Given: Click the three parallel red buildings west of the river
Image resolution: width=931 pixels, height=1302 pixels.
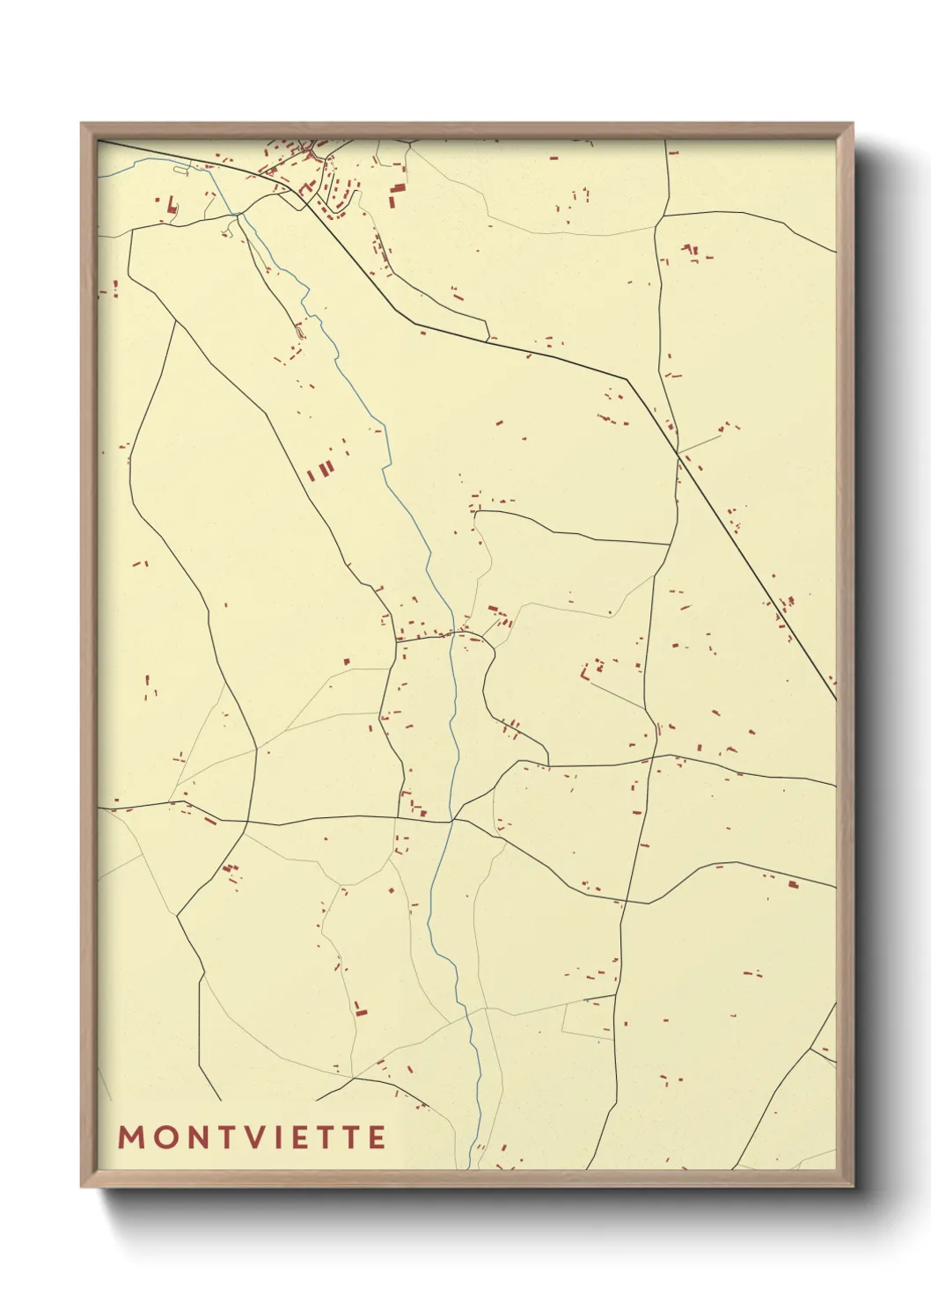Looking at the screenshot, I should pyautogui.click(x=322, y=470).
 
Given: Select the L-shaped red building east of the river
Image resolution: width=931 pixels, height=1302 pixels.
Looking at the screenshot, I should pyautogui.click(x=586, y=670).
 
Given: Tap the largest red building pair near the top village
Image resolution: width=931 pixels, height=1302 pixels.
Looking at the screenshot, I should pyautogui.click(x=397, y=195).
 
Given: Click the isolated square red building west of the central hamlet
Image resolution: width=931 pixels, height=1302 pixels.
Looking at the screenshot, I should pyautogui.click(x=347, y=661).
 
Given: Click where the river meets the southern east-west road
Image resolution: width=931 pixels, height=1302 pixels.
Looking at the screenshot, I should pyautogui.click(x=451, y=820).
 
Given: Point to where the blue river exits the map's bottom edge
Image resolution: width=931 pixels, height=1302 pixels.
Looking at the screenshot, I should pyautogui.click(x=470, y=1168).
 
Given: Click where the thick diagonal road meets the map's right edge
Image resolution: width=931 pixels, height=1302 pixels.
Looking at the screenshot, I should pyautogui.click(x=835, y=700).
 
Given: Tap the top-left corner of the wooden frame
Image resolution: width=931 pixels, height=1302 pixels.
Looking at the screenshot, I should pyautogui.click(x=82, y=124).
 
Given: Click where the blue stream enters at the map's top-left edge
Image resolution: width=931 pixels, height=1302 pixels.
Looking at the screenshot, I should pyautogui.click(x=99, y=175).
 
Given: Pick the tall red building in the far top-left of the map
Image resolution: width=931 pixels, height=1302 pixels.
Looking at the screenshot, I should pyautogui.click(x=170, y=206).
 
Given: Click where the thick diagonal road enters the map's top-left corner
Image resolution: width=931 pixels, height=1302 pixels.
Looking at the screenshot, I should pyautogui.click(x=99, y=141).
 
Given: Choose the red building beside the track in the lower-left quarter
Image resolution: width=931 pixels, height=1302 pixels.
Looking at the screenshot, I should pyautogui.click(x=360, y=1008).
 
